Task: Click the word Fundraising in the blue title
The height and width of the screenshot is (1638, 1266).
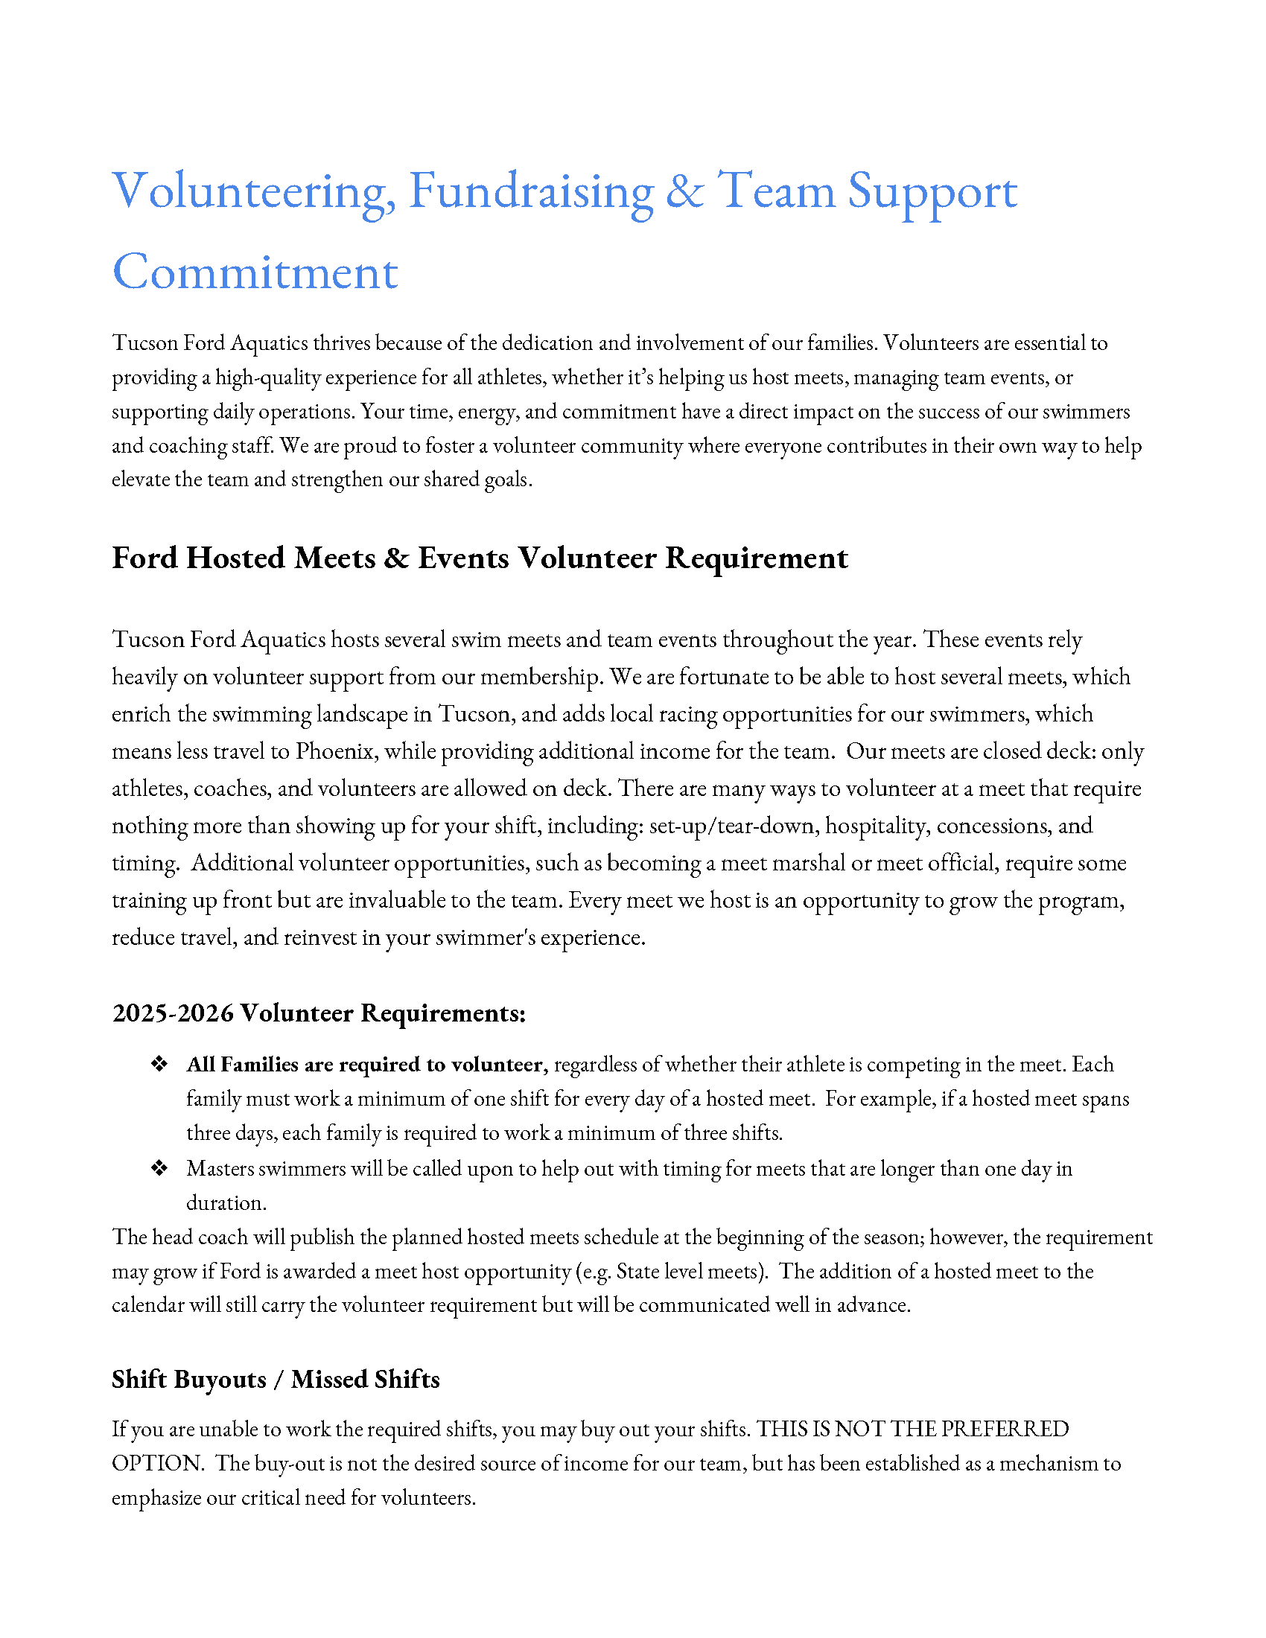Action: click(x=531, y=191)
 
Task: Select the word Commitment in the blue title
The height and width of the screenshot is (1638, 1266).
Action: click(x=255, y=273)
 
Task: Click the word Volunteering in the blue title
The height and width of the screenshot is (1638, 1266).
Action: click(x=253, y=191)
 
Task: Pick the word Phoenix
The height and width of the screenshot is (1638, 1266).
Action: click(x=335, y=751)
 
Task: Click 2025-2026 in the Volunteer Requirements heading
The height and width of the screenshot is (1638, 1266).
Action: click(x=173, y=1013)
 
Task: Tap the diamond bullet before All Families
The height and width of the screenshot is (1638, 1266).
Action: click(x=159, y=1064)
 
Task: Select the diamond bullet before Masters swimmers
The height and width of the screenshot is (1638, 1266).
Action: click(x=159, y=1167)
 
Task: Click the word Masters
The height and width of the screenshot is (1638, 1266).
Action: click(x=220, y=1168)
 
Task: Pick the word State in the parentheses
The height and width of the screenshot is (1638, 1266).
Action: click(x=637, y=1272)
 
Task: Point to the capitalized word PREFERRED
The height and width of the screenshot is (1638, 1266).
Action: click(x=1005, y=1430)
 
